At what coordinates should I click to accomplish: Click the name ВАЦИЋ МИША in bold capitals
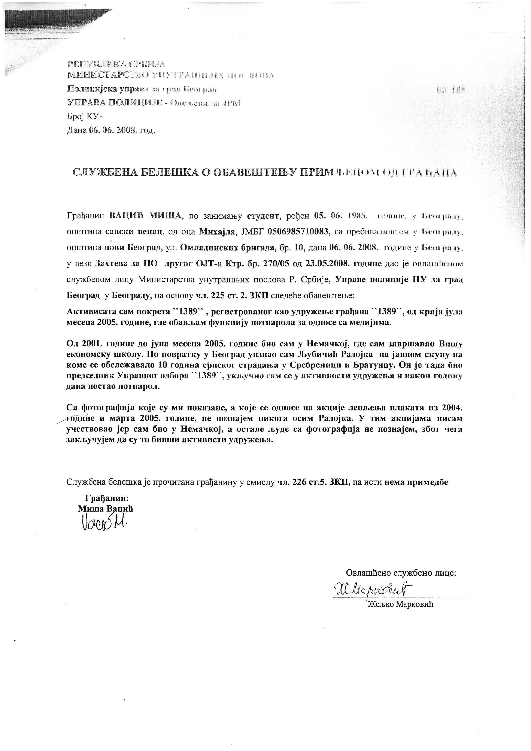145,216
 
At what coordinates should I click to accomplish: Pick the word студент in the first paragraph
263,216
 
